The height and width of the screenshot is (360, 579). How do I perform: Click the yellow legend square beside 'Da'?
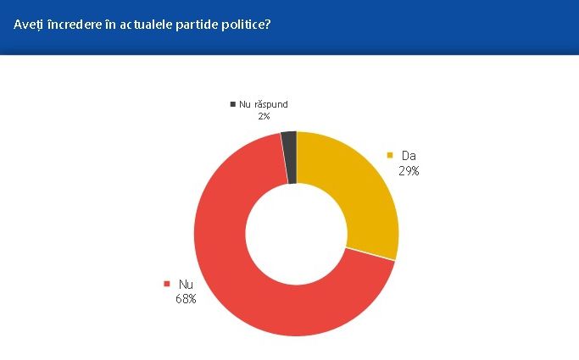[x=390, y=156]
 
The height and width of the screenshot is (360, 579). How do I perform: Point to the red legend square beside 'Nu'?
[x=166, y=285]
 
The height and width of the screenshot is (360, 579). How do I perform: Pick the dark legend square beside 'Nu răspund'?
[x=232, y=104]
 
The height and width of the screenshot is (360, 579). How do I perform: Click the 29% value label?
[x=409, y=170]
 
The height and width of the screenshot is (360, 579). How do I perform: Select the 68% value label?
[x=186, y=298]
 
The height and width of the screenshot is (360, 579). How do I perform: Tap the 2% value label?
[x=264, y=116]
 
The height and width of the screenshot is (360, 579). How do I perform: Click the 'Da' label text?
[x=409, y=156]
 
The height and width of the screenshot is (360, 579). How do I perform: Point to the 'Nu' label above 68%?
[x=186, y=285]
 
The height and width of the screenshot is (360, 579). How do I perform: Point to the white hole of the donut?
[x=296, y=234]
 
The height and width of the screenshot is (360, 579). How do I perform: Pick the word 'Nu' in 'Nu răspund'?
[x=245, y=104]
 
